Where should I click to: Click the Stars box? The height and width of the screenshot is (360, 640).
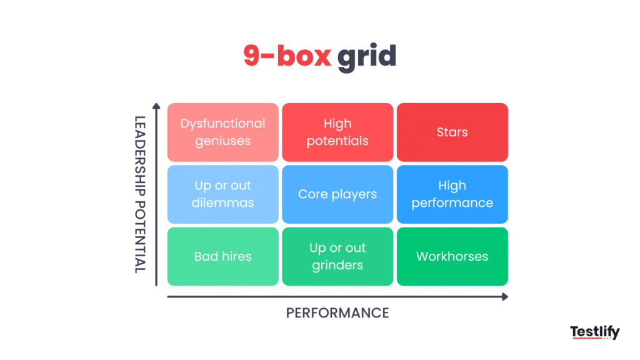click(452, 132)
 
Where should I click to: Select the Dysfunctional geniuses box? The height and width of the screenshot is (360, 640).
click(222, 132)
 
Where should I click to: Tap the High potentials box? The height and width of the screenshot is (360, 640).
click(337, 132)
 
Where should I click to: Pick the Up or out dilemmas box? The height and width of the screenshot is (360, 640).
click(222, 194)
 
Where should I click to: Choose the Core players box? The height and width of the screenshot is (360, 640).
click(337, 194)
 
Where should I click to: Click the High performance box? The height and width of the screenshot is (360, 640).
click(452, 194)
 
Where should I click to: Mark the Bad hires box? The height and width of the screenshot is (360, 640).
click(222, 256)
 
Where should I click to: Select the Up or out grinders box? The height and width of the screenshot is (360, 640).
click(337, 256)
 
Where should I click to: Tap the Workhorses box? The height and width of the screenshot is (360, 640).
click(452, 256)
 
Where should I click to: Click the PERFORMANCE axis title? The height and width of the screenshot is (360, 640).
click(337, 312)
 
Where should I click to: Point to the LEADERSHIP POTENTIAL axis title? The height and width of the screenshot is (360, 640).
click(140, 194)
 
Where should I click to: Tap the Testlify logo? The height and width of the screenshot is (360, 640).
click(594, 332)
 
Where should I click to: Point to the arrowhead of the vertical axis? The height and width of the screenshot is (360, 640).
click(157, 107)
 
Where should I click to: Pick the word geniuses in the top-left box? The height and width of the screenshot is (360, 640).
click(222, 141)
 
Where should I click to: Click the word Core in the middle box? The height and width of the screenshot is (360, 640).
click(311, 194)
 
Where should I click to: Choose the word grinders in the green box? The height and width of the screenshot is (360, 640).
click(337, 265)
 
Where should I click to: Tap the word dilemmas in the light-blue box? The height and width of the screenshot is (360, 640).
click(222, 203)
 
